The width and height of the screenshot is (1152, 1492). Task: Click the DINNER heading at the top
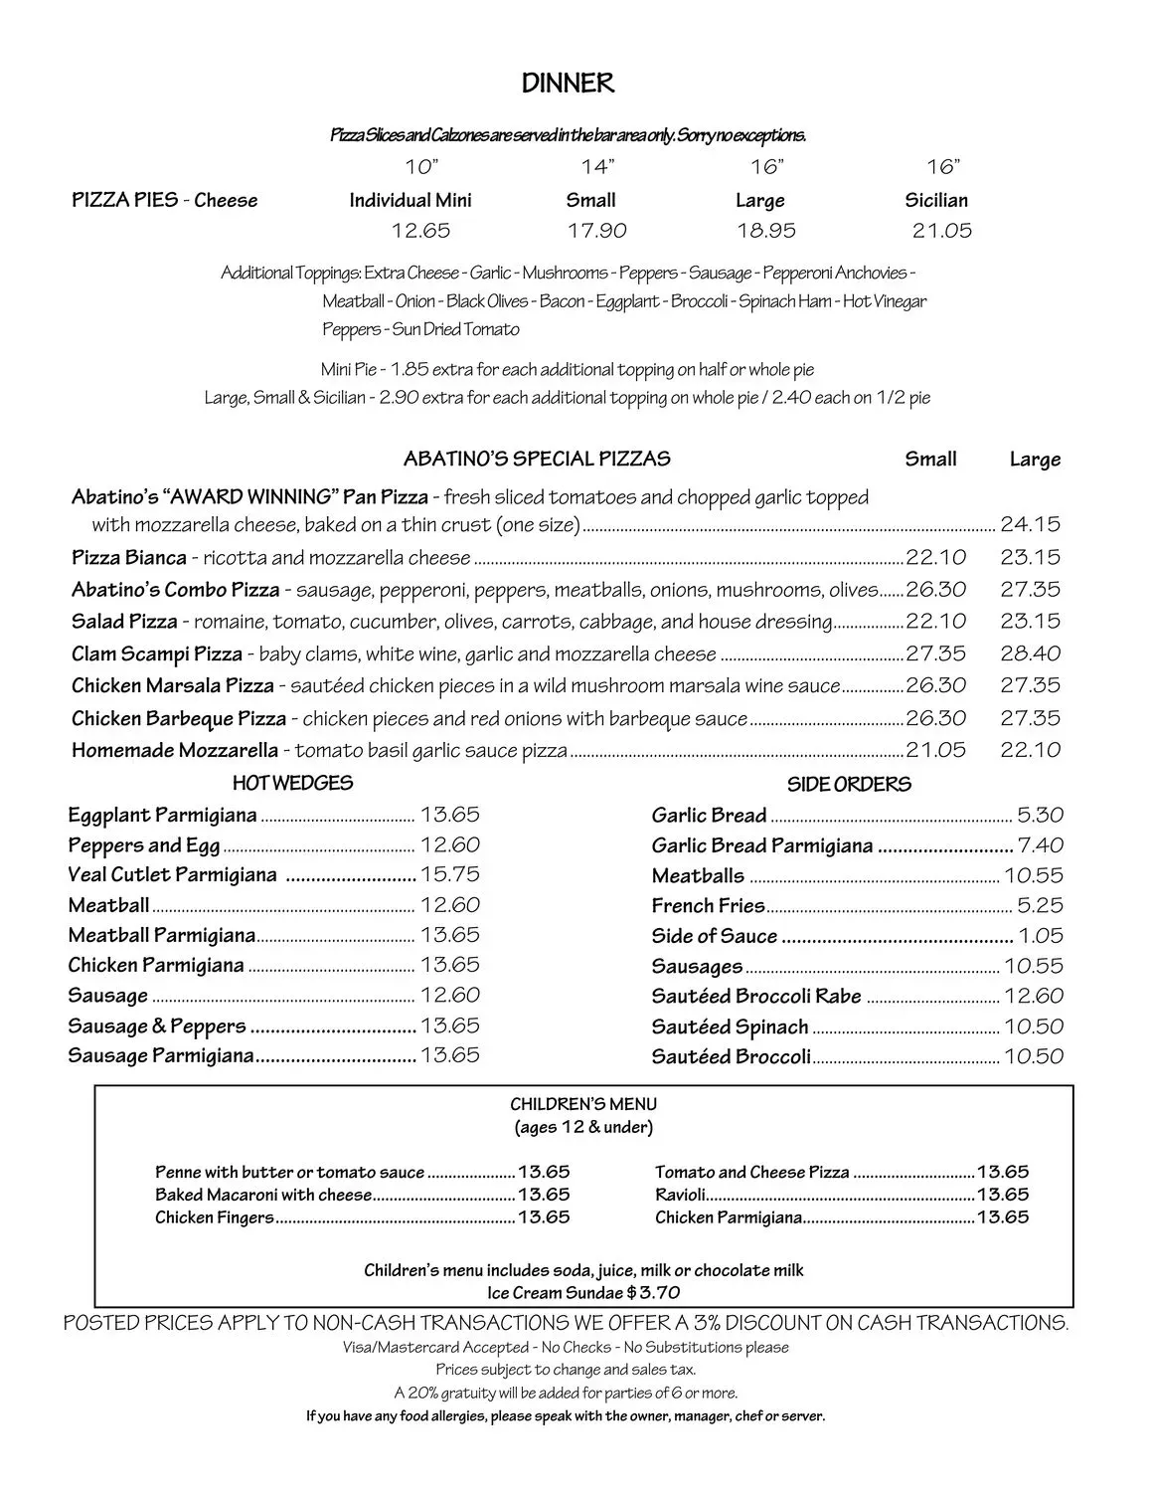click(x=568, y=85)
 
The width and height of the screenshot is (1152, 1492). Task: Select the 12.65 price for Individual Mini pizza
click(x=420, y=231)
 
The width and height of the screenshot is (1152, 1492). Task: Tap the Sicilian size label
click(x=936, y=200)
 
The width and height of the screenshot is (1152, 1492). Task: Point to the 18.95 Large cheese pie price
click(x=766, y=231)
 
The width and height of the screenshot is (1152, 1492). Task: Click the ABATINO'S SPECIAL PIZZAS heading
click(x=537, y=459)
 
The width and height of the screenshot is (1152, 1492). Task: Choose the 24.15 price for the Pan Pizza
click(x=1031, y=524)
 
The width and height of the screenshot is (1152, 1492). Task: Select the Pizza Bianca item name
click(x=129, y=557)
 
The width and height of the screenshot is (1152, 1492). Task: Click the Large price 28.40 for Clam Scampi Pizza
click(x=1031, y=653)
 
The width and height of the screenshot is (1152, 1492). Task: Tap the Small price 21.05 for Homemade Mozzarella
click(x=935, y=750)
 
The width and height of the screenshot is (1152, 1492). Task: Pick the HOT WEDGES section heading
click(x=292, y=784)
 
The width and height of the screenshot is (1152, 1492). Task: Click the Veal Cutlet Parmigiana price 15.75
click(x=450, y=874)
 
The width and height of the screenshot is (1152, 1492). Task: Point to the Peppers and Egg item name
click(x=144, y=845)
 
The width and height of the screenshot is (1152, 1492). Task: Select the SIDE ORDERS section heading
click(x=849, y=785)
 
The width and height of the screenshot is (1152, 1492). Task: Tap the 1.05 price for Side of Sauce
click(x=1041, y=936)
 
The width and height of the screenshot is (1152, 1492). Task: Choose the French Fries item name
click(x=709, y=906)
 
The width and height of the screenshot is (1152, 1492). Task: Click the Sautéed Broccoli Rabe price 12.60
click(x=1034, y=996)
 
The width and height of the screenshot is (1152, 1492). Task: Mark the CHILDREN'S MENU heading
click(x=583, y=1104)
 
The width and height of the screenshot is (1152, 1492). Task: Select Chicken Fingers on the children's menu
click(x=215, y=1217)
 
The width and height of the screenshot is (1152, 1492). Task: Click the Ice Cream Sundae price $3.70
click(x=654, y=1293)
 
